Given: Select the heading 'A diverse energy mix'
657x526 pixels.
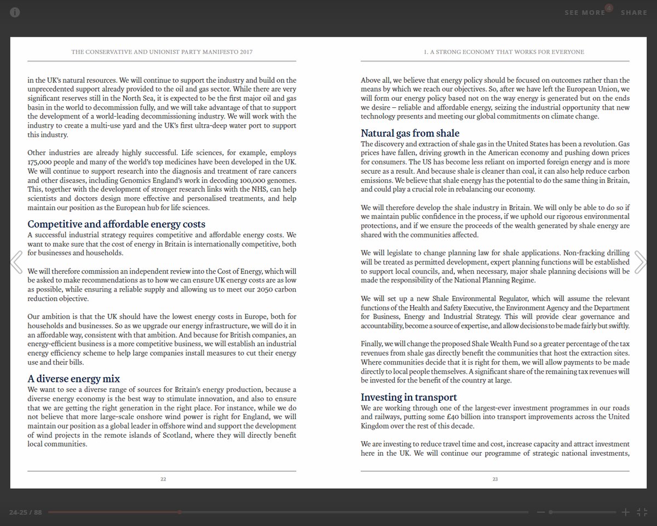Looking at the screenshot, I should (x=73, y=379).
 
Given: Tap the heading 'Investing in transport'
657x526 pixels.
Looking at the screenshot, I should (x=408, y=397).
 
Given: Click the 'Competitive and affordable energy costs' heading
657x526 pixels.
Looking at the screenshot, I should (x=116, y=224).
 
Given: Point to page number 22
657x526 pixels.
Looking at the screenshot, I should (x=163, y=479).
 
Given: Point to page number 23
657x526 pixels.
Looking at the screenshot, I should (x=495, y=479).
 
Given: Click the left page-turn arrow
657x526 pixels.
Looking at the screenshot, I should (x=16, y=262).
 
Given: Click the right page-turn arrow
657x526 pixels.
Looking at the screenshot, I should (x=640, y=262).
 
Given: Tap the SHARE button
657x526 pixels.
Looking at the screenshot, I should (x=633, y=13).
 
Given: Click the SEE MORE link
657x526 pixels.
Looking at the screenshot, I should (x=585, y=13).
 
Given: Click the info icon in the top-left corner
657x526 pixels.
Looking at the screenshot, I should (x=15, y=13).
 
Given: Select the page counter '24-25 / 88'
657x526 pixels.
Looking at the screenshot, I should (x=25, y=512).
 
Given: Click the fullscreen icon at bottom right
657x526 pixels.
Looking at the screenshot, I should (x=642, y=512).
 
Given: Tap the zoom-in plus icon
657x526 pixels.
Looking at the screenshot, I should (x=625, y=512).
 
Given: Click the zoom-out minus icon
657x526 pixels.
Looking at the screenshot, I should (x=541, y=512).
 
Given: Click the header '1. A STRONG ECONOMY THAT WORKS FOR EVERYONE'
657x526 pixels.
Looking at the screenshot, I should (x=504, y=52).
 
